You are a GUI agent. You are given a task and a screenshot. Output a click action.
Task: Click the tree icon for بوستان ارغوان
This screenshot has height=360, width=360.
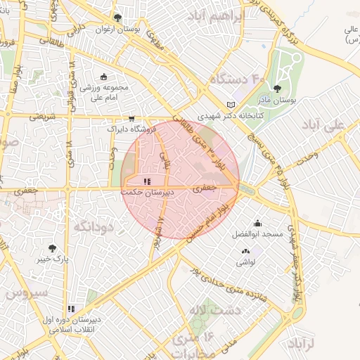coord(117,18)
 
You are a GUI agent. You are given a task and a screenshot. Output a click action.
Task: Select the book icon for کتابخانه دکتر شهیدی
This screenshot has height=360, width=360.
coord(231,105)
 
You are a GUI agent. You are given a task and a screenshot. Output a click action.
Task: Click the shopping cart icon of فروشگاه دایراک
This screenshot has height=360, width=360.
coord(131,119)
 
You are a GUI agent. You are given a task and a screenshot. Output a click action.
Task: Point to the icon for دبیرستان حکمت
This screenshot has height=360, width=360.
coord(146,181)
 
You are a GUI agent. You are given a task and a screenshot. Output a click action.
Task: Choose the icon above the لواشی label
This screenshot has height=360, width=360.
coord(245,251)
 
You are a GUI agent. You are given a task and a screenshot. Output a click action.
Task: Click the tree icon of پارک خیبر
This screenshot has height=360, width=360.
coord(52,248)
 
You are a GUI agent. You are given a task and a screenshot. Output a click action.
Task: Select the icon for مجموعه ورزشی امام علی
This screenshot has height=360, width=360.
coord(104,77)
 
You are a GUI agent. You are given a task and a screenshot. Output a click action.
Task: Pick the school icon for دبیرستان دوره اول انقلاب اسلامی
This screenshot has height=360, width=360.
coord(71,309)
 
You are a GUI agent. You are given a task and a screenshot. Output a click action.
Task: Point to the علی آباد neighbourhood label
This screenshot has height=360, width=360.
coord(327,125)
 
